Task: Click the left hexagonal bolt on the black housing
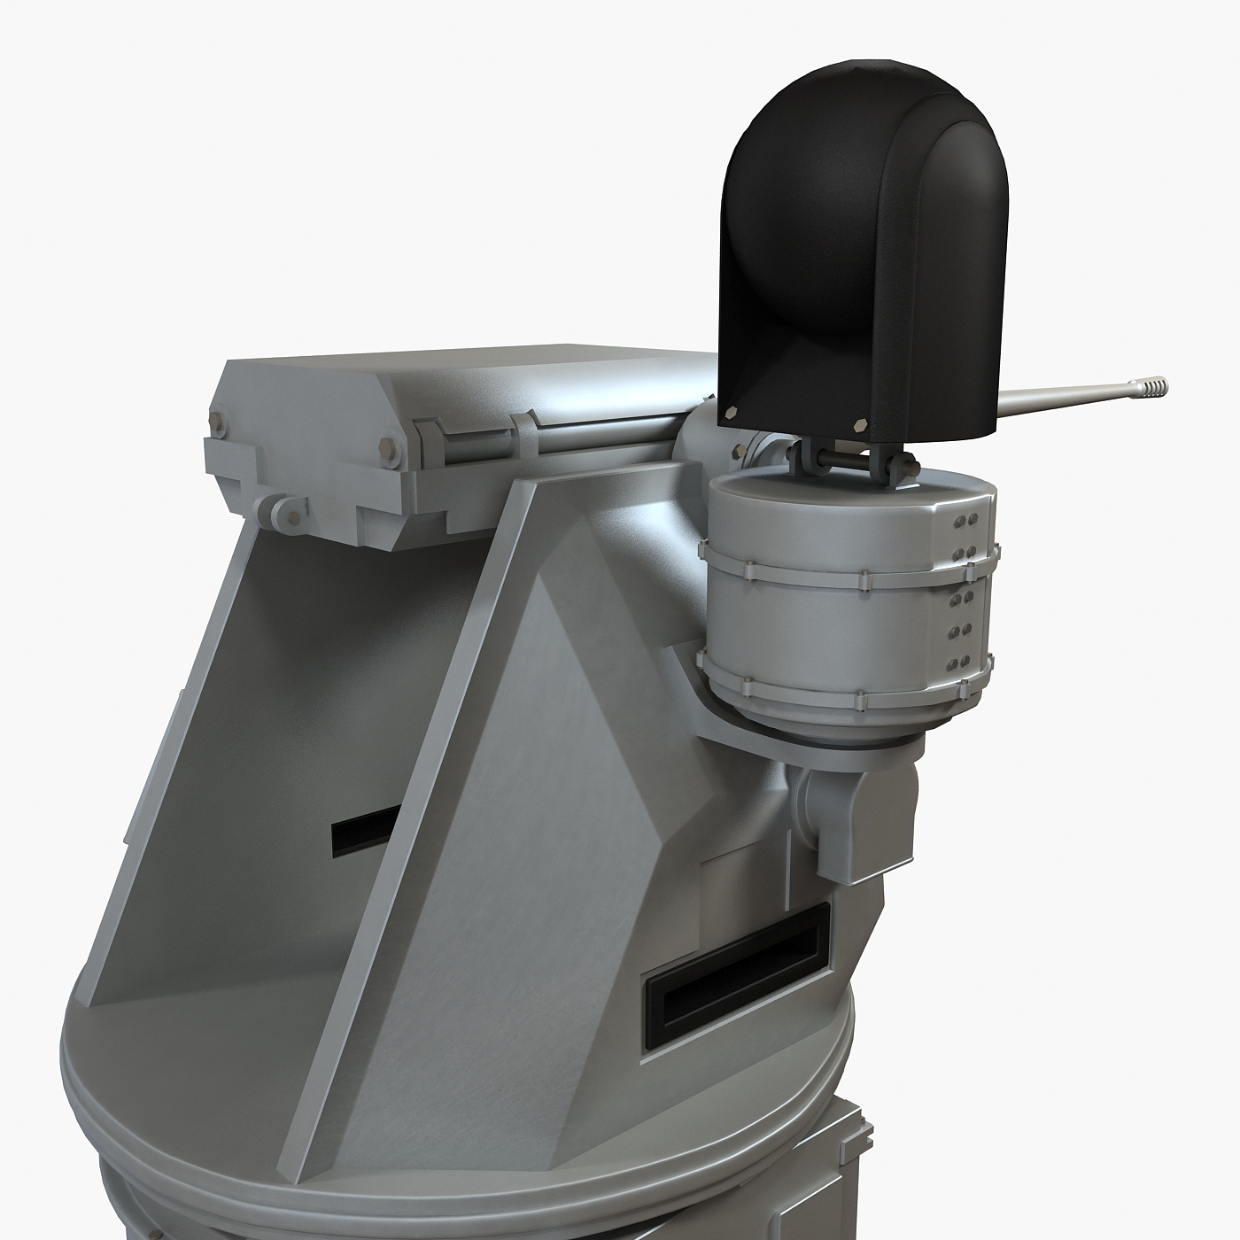click(x=732, y=412)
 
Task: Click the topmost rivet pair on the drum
click(x=966, y=518)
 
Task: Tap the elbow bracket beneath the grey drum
click(x=841, y=815)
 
